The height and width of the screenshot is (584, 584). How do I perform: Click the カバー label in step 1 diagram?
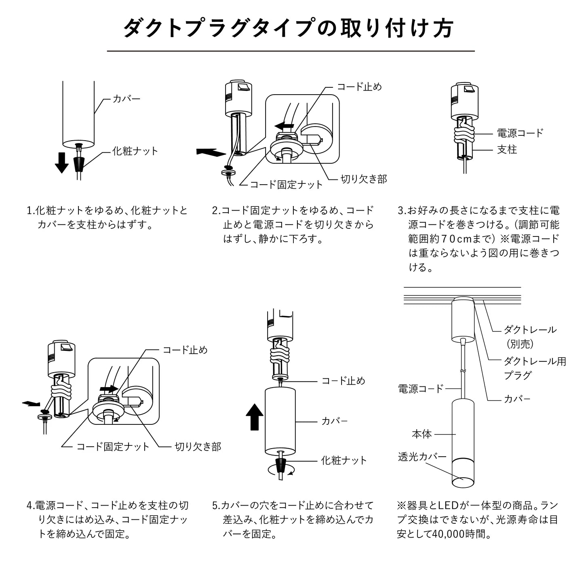tap(126, 99)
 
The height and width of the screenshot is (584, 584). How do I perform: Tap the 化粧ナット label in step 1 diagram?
tap(135, 151)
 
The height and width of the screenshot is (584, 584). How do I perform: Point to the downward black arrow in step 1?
tap(62, 162)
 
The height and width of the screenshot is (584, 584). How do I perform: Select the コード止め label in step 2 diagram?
tap(359, 86)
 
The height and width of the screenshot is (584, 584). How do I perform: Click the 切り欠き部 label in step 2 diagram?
tap(364, 179)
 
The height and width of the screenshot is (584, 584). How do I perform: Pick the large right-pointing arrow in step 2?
tap(211, 152)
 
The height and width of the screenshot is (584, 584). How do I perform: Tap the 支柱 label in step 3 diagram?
tap(507, 150)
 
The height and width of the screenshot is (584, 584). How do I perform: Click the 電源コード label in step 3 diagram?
tap(520, 133)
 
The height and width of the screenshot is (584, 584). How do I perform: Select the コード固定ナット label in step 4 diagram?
tap(113, 447)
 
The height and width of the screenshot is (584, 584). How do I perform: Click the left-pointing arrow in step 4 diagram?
tap(31, 403)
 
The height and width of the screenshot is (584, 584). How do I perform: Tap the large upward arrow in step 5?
tap(255, 417)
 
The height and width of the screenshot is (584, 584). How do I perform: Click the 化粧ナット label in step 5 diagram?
tap(344, 460)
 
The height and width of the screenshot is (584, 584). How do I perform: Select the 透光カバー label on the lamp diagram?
tap(422, 457)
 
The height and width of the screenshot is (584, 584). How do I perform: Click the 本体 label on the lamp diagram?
tap(422, 434)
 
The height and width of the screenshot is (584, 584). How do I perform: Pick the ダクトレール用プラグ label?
tap(534, 368)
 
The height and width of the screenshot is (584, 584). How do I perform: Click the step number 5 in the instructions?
tap(215, 506)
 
